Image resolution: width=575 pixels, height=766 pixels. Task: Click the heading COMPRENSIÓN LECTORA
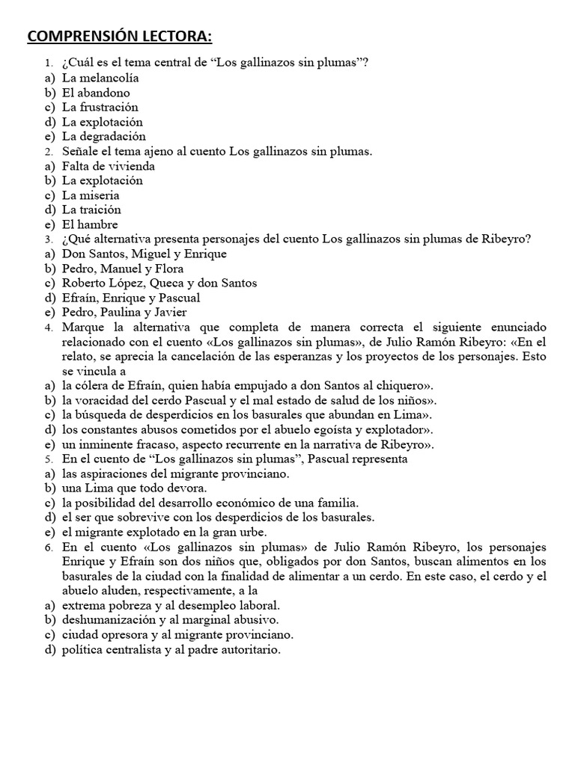120,37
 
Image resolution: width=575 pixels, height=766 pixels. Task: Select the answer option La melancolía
100,78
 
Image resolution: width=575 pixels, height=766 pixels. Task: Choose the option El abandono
96,93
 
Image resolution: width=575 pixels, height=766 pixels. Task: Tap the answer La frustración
100,107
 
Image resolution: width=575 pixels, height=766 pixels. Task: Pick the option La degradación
103,137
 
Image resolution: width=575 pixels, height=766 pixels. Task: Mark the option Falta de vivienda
109,166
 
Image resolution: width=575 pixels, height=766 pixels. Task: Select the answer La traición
91,209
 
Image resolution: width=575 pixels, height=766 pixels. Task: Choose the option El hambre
90,224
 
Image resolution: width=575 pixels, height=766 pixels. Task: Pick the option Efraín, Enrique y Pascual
131,298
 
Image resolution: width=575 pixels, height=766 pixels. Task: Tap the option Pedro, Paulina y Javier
124,312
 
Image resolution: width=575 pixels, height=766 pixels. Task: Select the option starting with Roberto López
159,283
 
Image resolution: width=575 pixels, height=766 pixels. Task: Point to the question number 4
49,328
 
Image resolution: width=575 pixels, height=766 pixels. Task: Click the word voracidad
107,400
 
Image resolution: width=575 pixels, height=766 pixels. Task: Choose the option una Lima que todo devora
124,488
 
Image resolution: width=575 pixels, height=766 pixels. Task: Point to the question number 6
49,548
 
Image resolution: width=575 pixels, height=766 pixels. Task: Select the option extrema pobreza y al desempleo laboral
171,605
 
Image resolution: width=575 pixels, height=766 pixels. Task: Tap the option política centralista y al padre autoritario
171,650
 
